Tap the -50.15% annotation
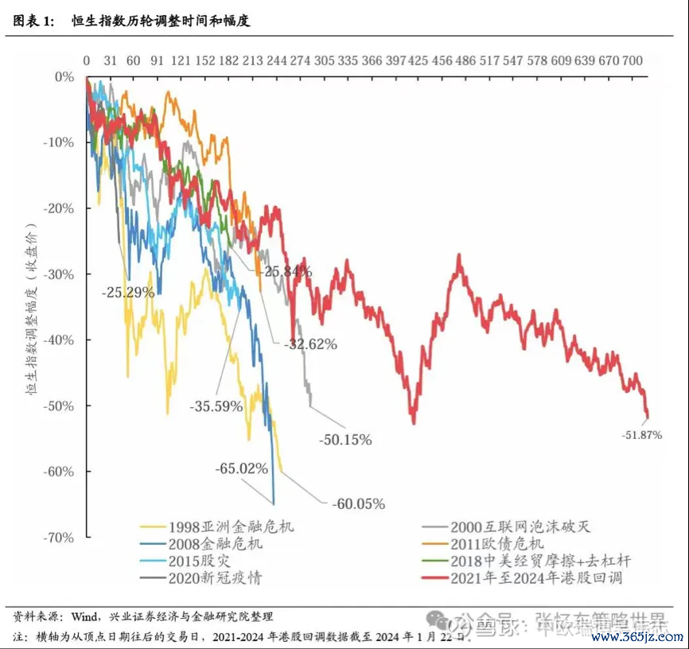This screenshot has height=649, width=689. [x=344, y=439]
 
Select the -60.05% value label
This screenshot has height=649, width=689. [x=358, y=503]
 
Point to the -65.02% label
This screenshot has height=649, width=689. [x=241, y=469]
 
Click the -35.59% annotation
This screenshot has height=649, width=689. [x=216, y=406]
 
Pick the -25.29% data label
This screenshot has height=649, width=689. [x=128, y=292]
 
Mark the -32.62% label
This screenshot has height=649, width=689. [x=310, y=344]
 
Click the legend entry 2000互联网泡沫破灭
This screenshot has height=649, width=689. [x=521, y=527]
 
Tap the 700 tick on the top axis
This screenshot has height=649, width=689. [x=633, y=60]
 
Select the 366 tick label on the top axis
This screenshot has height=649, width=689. [x=372, y=60]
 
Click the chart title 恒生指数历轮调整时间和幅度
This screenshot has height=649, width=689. [x=160, y=21]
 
